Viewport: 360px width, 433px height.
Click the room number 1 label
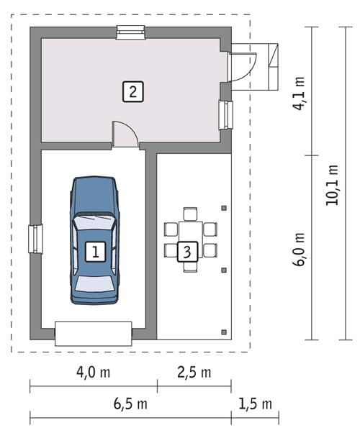(94, 251)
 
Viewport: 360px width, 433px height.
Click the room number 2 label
(132, 91)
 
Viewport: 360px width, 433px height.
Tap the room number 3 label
(187, 252)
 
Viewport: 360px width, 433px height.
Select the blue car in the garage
(94, 241)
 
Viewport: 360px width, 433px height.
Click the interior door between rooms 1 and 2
(125, 137)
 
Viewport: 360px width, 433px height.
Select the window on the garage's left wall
(35, 239)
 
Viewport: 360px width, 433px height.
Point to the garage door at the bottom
(94, 333)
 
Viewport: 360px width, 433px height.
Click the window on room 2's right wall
(226, 114)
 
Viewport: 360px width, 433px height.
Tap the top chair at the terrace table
(190, 214)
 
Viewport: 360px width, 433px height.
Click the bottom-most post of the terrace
(225, 332)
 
